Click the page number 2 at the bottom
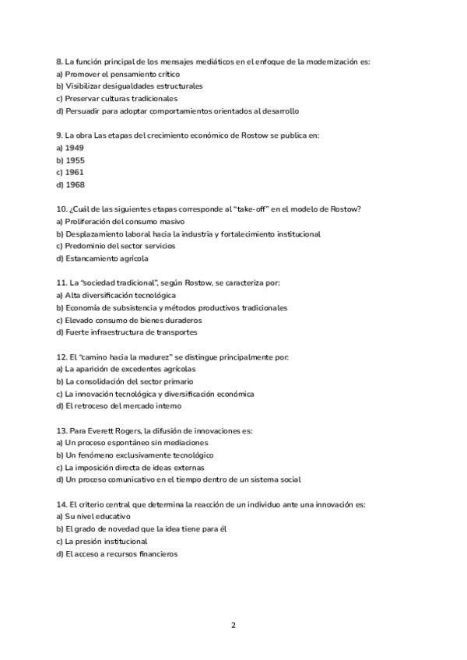click(x=233, y=625)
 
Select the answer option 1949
click(x=75, y=148)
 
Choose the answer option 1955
click(x=75, y=160)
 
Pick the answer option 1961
click(x=75, y=172)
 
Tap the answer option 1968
click(x=75, y=184)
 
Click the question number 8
click(x=59, y=61)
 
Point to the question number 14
click(x=61, y=504)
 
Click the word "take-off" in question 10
click(x=241, y=209)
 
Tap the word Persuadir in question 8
click(x=83, y=111)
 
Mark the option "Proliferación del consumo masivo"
click(x=125, y=222)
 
